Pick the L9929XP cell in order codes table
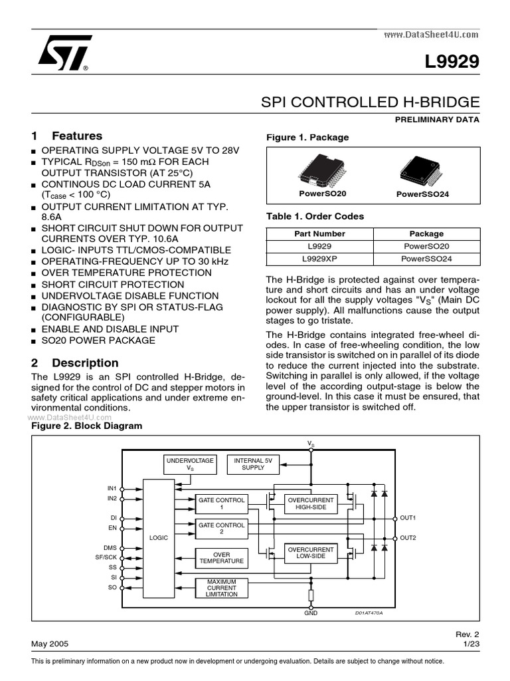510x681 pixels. [x=319, y=258]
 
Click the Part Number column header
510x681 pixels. [x=319, y=233]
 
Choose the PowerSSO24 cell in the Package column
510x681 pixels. [x=426, y=258]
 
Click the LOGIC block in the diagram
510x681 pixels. [x=158, y=537]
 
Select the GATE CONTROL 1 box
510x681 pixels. [x=221, y=503]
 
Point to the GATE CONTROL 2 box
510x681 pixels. [x=221, y=529]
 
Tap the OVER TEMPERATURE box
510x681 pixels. [x=221, y=557]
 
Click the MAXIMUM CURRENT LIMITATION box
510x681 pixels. [x=221, y=588]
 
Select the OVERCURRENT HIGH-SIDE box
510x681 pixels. [x=310, y=503]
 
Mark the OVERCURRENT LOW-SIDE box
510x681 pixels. [x=310, y=553]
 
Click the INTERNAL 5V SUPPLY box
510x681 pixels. [x=253, y=464]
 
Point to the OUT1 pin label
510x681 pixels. [x=408, y=517]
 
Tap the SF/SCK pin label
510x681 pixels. [x=106, y=557]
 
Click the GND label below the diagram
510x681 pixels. [x=311, y=613]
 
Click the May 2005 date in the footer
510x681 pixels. [x=49, y=644]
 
